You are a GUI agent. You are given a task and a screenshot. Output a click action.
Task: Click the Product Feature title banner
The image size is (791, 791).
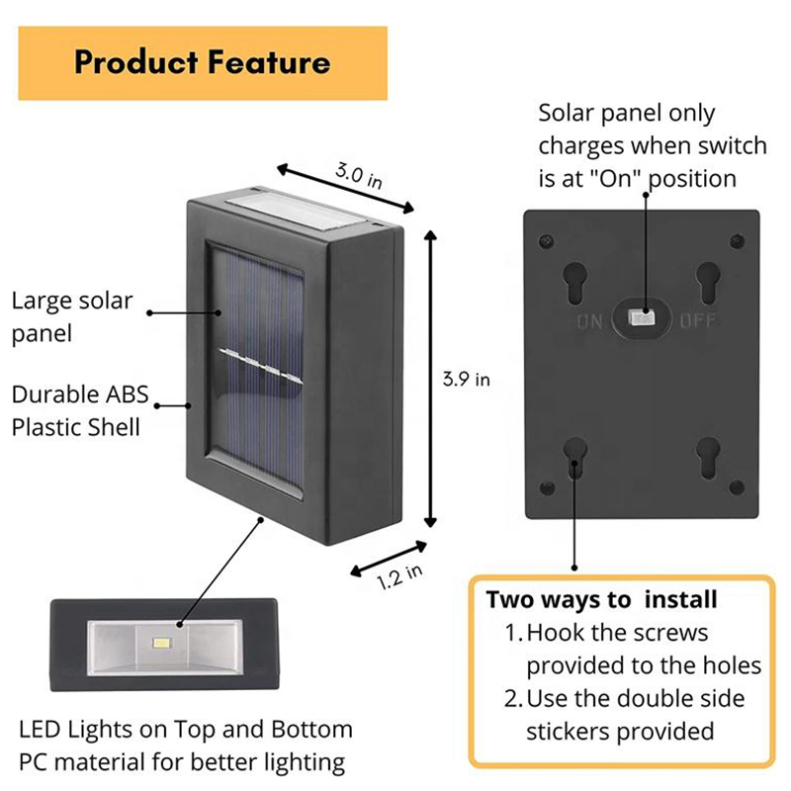pyautogui.click(x=203, y=62)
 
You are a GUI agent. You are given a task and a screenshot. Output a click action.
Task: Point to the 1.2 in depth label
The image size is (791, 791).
pyautogui.click(x=399, y=574)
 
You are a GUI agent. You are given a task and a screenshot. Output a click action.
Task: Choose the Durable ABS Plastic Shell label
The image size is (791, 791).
pyautogui.click(x=80, y=411)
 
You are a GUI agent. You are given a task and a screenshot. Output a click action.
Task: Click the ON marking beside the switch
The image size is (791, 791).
pyautogui.click(x=591, y=320)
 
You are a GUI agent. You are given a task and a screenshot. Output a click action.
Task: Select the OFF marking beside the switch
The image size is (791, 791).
pyautogui.click(x=697, y=320)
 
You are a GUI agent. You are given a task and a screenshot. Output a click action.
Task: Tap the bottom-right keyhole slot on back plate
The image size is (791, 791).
pyautogui.click(x=707, y=456)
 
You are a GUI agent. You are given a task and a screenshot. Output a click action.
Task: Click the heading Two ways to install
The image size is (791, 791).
pyautogui.click(x=601, y=600)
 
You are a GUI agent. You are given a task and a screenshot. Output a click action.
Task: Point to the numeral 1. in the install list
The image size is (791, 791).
pyautogui.click(x=513, y=633)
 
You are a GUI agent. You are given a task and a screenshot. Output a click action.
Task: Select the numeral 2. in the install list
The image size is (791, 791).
pyautogui.click(x=513, y=699)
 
